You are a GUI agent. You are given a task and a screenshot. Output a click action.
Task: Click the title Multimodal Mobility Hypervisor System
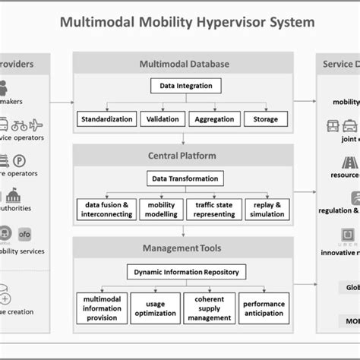point(187,22)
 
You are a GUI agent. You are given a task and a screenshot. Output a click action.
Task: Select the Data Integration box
point(186,87)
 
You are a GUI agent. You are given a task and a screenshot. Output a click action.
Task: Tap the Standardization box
point(106,119)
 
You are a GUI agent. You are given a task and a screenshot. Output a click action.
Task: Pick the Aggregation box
point(213,119)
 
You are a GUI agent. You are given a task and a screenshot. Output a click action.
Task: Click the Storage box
point(266,119)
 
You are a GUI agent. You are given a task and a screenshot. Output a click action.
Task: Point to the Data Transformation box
point(186,179)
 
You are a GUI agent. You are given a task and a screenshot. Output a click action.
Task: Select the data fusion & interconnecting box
point(106,210)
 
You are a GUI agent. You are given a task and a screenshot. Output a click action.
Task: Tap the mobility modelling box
point(161,210)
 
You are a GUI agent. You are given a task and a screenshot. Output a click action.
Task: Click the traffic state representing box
point(214,210)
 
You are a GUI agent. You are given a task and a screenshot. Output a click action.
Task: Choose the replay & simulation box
point(267,210)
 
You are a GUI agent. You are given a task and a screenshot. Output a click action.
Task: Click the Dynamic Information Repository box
point(186,272)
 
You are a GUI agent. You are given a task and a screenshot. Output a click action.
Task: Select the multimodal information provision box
point(102,308)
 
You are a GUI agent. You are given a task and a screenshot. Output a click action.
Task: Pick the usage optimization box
point(155,308)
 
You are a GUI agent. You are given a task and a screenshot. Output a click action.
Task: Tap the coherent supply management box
point(209,308)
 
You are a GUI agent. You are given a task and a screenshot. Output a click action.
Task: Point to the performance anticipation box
point(264,308)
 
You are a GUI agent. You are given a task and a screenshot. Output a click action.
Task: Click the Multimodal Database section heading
point(184,64)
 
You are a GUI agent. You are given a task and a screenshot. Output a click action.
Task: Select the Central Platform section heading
point(184,156)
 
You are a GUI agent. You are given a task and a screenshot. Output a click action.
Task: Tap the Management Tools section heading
point(184,248)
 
